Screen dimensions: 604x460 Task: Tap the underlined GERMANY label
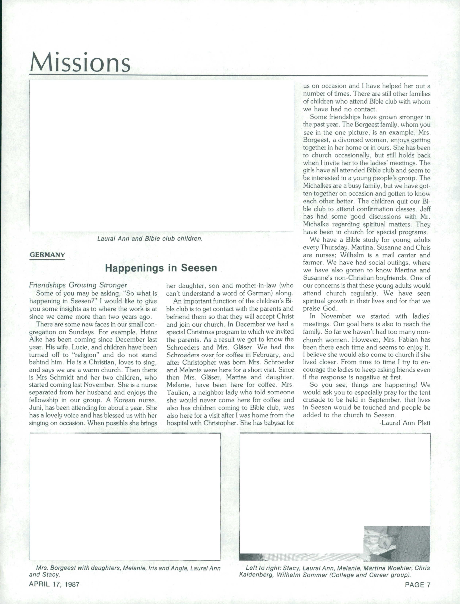[47, 255]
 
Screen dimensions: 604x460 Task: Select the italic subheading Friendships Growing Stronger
[78, 285]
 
